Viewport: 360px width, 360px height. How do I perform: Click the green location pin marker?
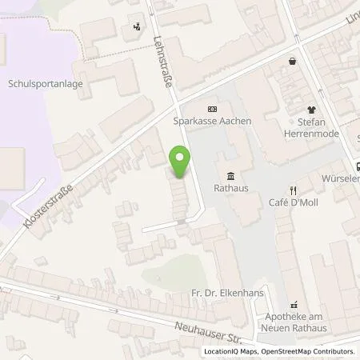(181, 162)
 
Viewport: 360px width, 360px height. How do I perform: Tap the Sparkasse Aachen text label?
(212, 121)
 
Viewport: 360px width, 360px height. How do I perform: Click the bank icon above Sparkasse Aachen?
(211, 109)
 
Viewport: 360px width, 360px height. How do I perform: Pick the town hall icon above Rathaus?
(230, 177)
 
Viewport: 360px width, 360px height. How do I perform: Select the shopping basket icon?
(293, 61)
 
